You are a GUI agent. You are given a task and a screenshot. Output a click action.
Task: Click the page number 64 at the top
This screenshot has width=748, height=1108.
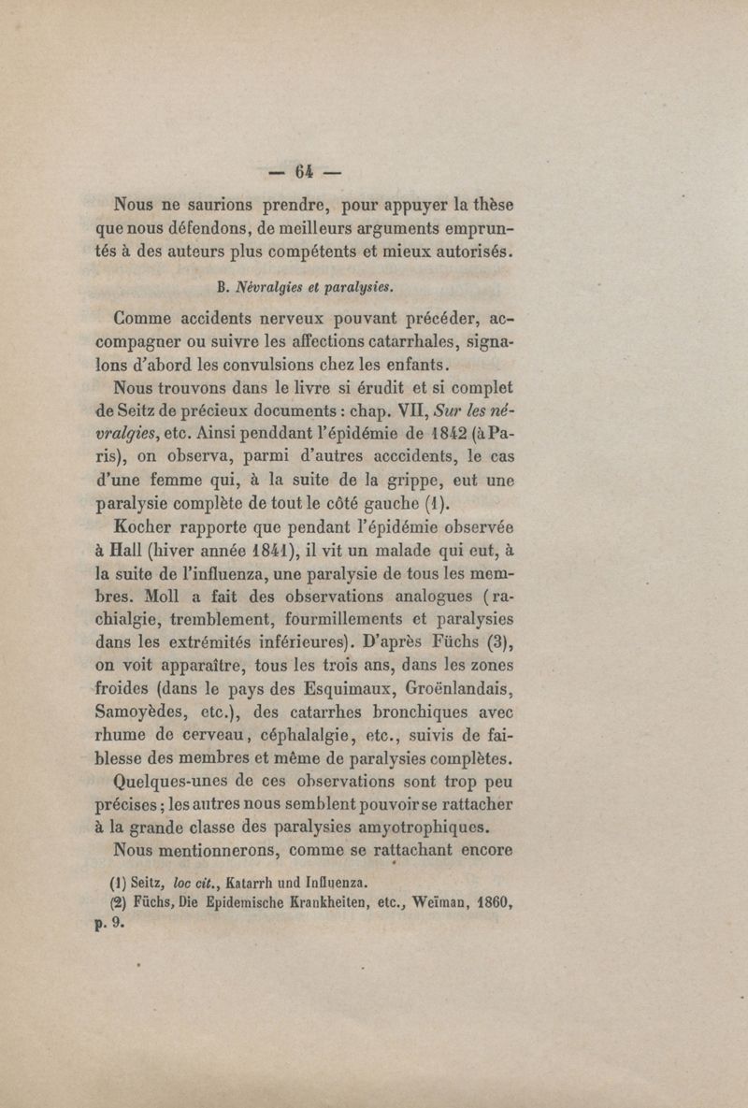(303, 172)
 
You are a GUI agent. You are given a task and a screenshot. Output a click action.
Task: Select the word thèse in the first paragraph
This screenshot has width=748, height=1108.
(493, 203)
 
